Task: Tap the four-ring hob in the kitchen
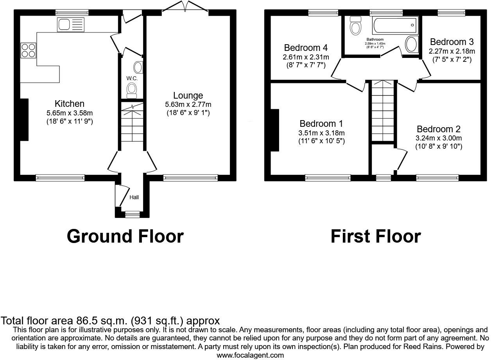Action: (x=28, y=50)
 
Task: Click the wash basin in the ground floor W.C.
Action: (x=138, y=67)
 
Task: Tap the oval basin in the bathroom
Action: (x=411, y=44)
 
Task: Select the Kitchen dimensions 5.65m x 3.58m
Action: (x=69, y=113)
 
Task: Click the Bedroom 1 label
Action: (x=321, y=124)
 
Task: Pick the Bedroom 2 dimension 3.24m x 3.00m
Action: (x=439, y=138)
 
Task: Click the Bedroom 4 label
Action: (x=306, y=48)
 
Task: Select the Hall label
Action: (x=134, y=198)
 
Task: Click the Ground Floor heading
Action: (x=125, y=236)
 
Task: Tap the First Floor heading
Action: (x=376, y=236)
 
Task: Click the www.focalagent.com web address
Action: (x=250, y=355)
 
